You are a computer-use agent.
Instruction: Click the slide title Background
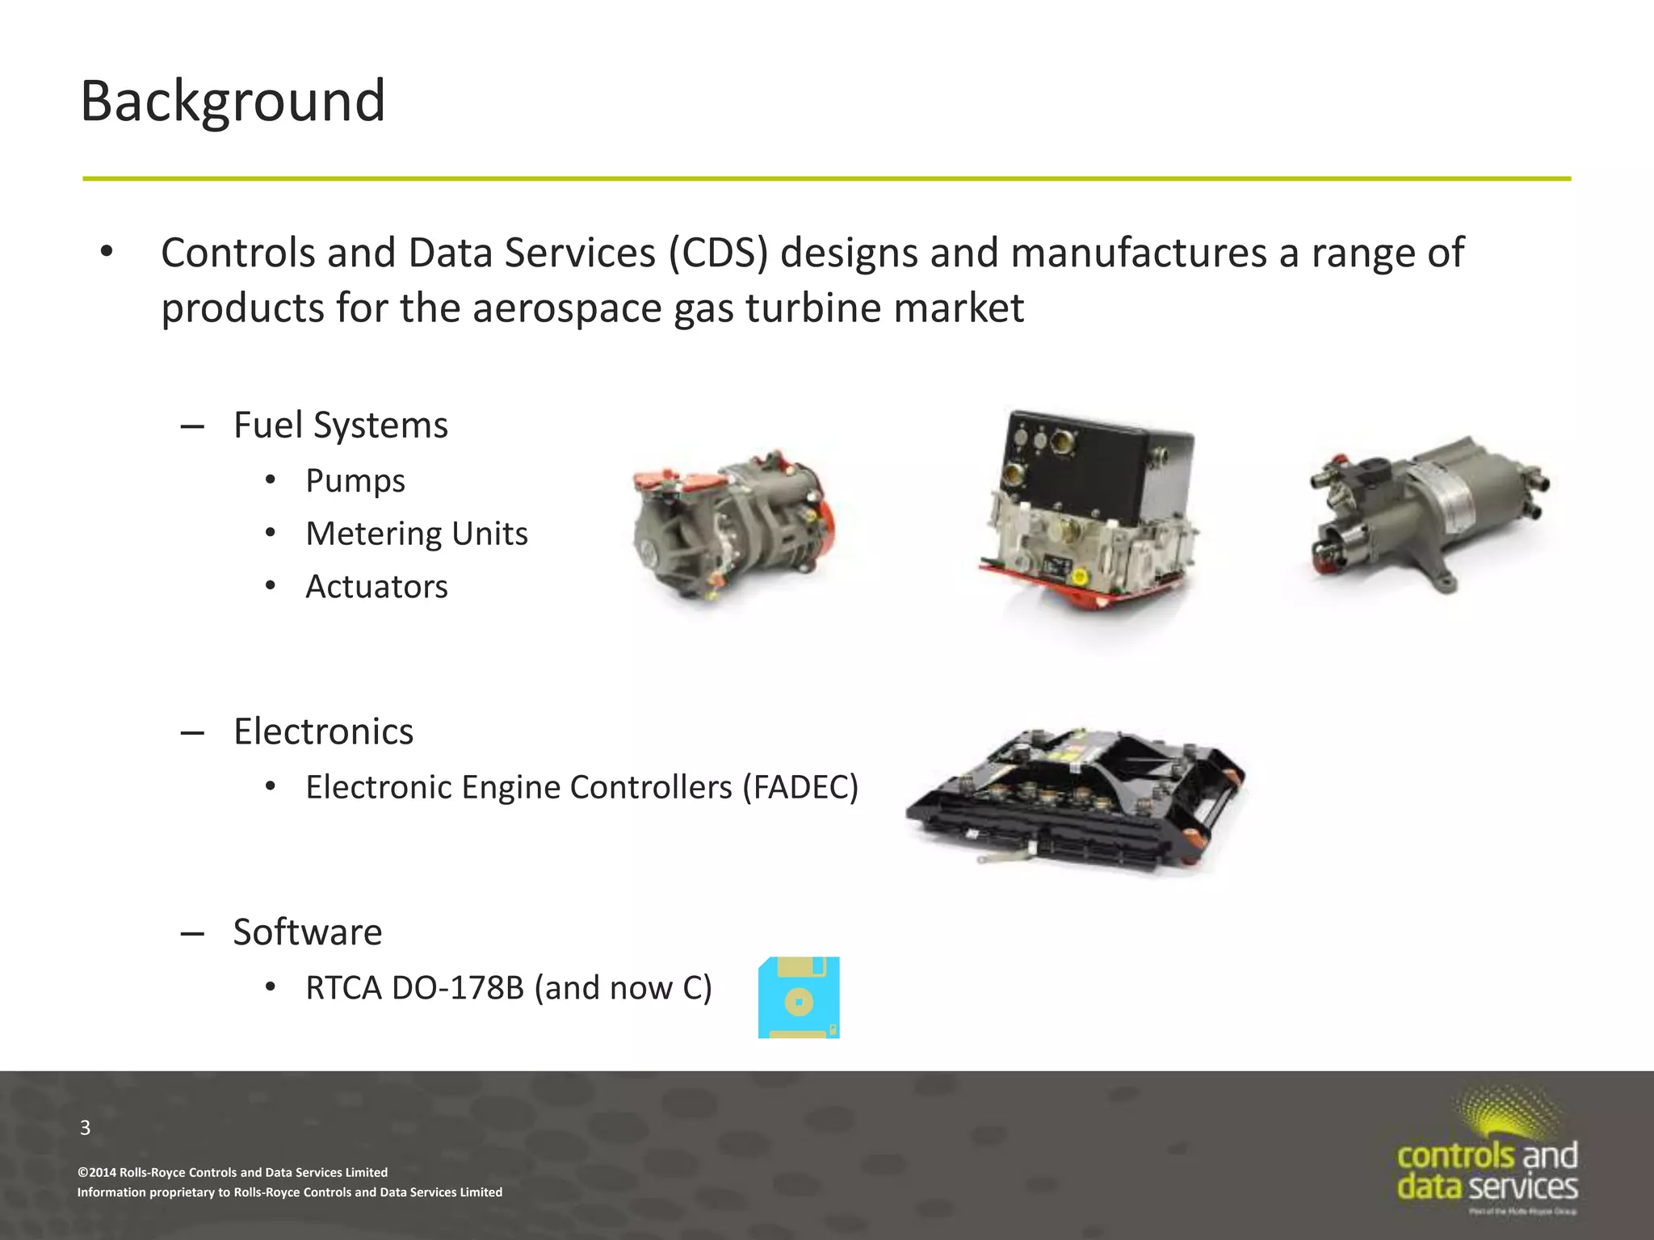[x=233, y=102]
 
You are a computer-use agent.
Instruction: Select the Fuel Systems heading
[x=340, y=425]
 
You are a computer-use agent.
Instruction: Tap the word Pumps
[x=355, y=481]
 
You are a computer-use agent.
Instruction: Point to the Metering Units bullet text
[x=416, y=534]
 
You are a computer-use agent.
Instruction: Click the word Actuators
[x=376, y=587]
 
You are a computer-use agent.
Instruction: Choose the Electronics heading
[x=323, y=732]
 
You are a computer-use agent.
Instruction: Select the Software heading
[x=308, y=932]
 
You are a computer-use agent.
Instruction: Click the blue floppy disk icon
[x=799, y=998]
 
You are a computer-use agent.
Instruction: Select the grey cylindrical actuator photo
[x=1428, y=512]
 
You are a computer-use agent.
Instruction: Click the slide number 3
[x=86, y=1128]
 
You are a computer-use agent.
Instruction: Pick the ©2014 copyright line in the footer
[x=233, y=1172]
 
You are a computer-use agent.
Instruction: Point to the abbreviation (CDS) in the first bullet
[x=718, y=253]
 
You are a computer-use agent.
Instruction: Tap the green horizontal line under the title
[x=827, y=178]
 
